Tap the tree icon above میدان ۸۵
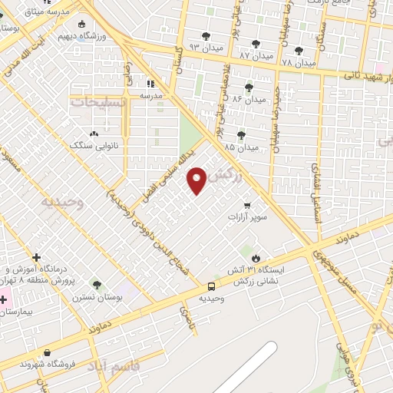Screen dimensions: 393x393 tap(242, 135)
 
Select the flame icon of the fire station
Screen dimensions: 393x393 tap(256, 258)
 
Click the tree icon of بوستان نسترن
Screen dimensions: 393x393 tap(96, 285)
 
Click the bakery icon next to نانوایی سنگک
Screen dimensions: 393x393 tap(94, 133)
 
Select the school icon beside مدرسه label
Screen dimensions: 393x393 tap(150, 83)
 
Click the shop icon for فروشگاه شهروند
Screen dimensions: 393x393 tap(48, 353)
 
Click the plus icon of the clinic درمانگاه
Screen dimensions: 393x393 tap(36, 257)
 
